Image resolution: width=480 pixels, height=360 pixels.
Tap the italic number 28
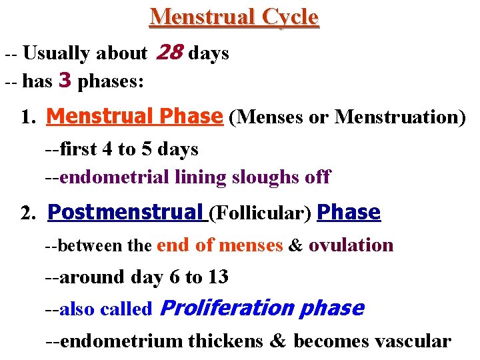tap(169, 52)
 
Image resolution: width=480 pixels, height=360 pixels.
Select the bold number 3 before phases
tap(65, 81)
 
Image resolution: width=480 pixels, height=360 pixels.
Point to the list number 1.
tap(27, 118)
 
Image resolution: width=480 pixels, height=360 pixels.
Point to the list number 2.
tap(27, 214)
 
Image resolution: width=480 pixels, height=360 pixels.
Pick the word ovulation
tap(351, 245)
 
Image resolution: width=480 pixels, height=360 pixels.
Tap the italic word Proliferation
tap(228, 308)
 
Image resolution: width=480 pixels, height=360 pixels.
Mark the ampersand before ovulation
tap(295, 245)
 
